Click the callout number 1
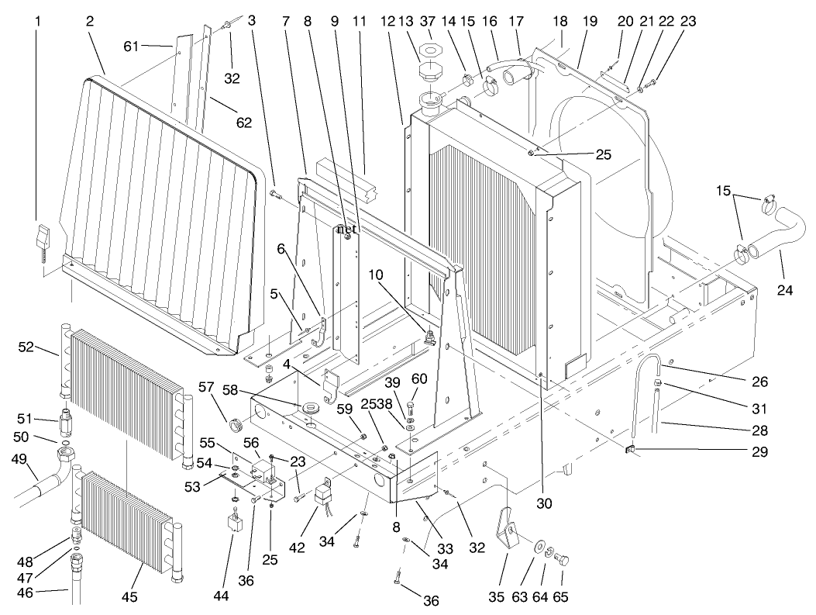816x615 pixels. (x=36, y=22)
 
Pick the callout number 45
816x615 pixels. (x=129, y=596)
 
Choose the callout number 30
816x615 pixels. (x=544, y=503)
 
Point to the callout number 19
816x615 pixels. (x=590, y=22)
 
